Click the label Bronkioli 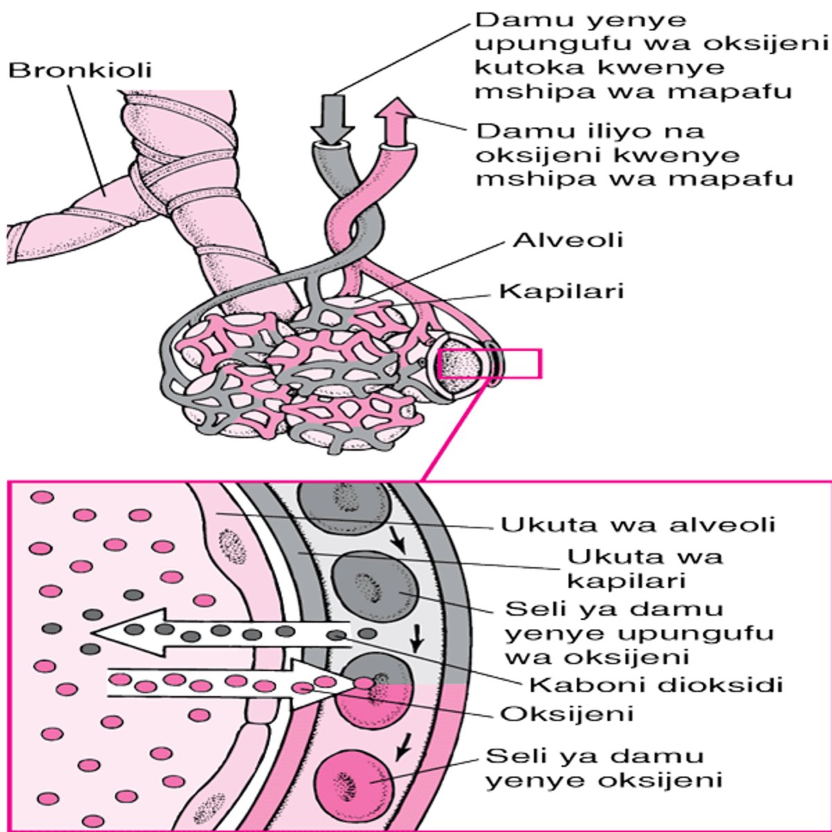[80, 71]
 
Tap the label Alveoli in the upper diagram [568, 240]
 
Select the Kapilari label [562, 291]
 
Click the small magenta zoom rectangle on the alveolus [489, 364]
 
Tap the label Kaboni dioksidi [655, 685]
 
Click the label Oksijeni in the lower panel [566, 713]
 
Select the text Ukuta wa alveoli [637, 525]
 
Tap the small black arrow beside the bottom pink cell [401, 749]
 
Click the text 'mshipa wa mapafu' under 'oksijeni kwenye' [635, 178]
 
